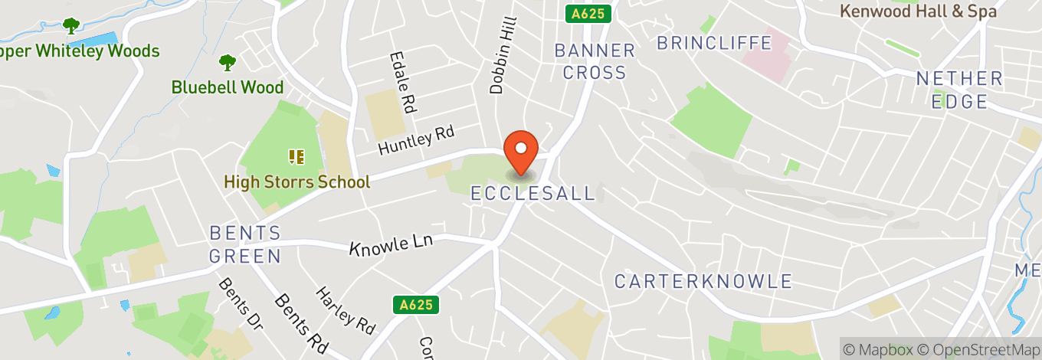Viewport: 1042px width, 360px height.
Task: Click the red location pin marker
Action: click(521, 151)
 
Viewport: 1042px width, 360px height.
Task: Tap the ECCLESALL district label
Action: click(532, 194)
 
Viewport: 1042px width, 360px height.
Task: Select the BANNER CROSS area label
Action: click(595, 62)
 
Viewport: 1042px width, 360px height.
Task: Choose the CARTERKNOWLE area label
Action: click(703, 281)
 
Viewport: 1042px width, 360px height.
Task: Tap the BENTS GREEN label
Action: click(246, 244)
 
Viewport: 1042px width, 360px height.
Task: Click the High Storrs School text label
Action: click(297, 182)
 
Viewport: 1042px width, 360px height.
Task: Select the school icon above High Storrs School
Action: click(297, 157)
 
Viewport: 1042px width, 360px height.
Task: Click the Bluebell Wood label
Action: click(228, 87)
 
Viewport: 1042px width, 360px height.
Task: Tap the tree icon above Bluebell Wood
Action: click(228, 62)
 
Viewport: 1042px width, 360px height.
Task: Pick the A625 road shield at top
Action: click(588, 14)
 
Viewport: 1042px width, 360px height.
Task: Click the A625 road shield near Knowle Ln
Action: click(418, 305)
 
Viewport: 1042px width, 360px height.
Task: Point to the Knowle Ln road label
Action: click(391, 244)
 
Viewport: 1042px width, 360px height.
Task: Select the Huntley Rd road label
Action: click(416, 140)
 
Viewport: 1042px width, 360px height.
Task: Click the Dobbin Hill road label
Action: click(503, 57)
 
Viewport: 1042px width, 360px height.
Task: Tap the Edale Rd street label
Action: click(402, 82)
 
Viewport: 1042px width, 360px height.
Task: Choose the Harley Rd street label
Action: click(346, 310)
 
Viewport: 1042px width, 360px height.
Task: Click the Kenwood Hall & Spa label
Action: click(918, 11)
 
